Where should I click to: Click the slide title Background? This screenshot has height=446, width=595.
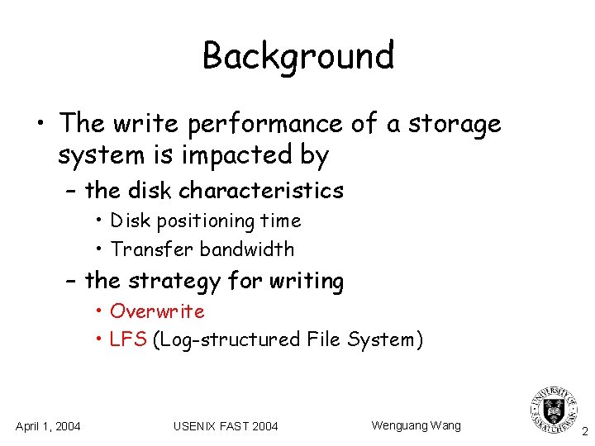pos(297,56)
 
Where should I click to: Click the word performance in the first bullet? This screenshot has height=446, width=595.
pos(264,124)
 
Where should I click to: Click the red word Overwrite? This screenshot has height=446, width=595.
pos(157,311)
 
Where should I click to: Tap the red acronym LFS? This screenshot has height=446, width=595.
pos(128,339)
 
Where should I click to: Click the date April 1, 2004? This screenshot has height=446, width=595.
pos(48,426)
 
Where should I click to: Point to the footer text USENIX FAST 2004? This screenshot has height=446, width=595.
pos(226,426)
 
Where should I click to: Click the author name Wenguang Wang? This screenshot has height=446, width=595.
pos(416,425)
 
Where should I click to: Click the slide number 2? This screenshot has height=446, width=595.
pos(584,431)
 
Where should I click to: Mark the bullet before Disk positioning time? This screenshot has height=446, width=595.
pos(98,221)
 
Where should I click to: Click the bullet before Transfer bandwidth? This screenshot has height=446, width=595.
pos(98,249)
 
